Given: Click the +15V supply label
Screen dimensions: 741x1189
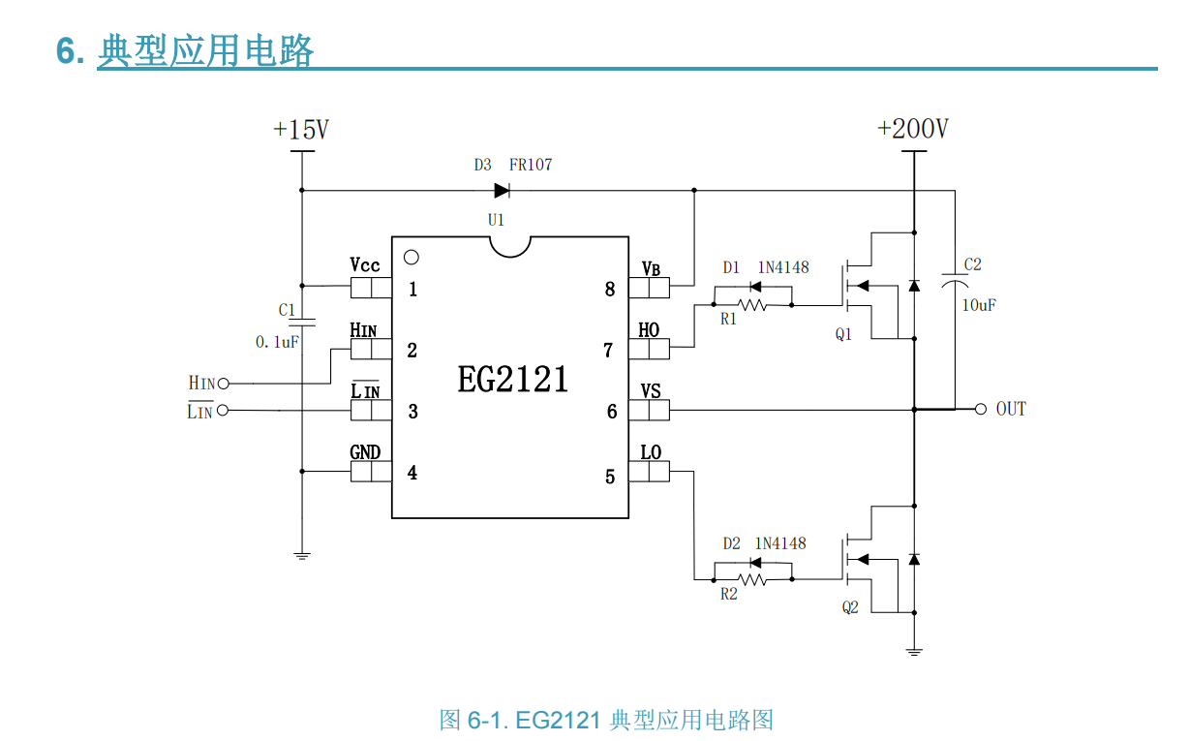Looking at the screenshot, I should click(301, 130).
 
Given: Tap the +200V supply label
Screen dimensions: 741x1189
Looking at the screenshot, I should click(912, 129).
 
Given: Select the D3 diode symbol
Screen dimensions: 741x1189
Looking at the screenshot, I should click(502, 190).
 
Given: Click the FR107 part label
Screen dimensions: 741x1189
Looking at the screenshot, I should click(531, 165).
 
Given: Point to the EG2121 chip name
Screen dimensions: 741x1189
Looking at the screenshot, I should click(512, 379).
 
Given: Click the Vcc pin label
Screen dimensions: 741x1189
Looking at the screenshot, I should click(365, 265).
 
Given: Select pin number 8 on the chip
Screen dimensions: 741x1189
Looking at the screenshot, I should click(609, 289).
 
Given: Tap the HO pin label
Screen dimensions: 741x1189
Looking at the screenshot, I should click(649, 329).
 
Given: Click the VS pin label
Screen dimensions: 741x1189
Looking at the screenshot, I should click(651, 390).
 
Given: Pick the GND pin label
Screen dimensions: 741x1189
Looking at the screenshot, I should click(365, 452).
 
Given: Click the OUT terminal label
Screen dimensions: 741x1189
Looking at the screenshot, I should click(1011, 409).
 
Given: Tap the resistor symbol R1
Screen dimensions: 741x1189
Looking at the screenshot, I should click(752, 304).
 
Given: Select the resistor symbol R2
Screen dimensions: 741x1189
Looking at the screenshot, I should click(752, 579).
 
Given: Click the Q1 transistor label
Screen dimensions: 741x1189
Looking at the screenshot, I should click(844, 334).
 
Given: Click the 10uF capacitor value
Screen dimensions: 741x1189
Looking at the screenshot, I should click(978, 305).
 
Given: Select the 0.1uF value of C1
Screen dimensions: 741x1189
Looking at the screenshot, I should click(276, 342).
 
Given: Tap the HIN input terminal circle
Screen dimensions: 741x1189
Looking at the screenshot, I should click(223, 384).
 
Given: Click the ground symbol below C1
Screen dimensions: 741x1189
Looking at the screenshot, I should click(301, 556).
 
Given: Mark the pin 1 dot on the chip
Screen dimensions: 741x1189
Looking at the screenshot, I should click(411, 258).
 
